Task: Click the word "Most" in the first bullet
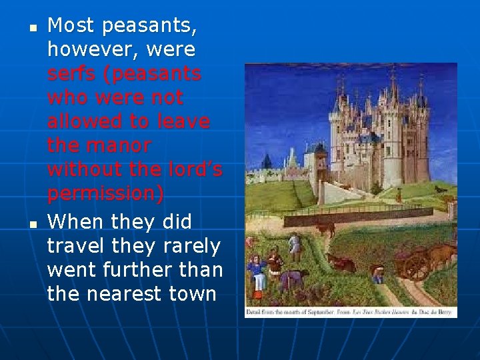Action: [x=70, y=25]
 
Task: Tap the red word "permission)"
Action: [x=105, y=194]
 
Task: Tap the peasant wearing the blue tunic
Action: [x=255, y=269]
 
